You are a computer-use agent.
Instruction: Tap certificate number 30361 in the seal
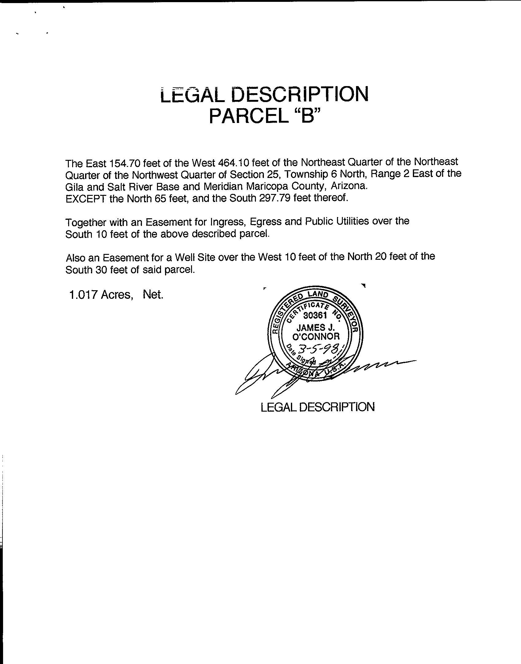pos(315,315)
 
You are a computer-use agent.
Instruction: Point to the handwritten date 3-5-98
pos(320,349)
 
